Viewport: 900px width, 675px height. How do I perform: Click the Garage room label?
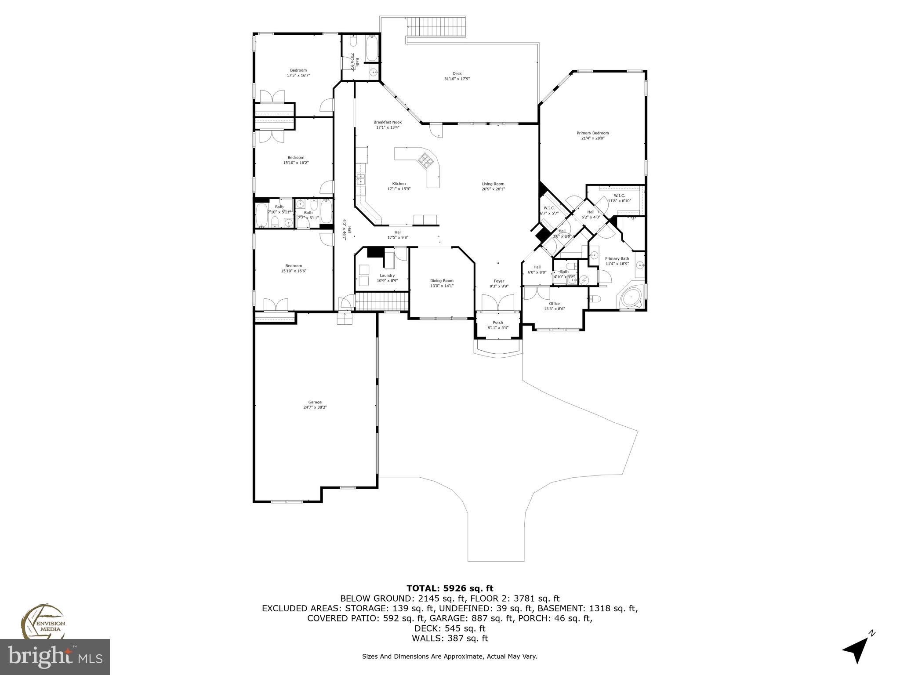pyautogui.click(x=315, y=404)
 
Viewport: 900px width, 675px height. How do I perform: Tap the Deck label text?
pyautogui.click(x=457, y=76)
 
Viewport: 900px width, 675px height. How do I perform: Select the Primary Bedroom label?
pyautogui.click(x=593, y=135)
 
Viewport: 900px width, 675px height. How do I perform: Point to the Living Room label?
pyautogui.click(x=493, y=186)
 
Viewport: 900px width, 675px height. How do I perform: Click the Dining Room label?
pyautogui.click(x=442, y=283)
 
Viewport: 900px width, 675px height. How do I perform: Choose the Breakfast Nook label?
pyautogui.click(x=387, y=125)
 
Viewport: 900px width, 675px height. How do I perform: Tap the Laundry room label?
pyautogui.click(x=387, y=278)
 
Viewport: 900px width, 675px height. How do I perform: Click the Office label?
pyautogui.click(x=554, y=306)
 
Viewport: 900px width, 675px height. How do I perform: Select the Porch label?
pyautogui.click(x=498, y=325)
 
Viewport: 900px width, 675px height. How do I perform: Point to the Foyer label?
pyautogui.click(x=499, y=283)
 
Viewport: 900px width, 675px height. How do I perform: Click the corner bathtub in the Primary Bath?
pyautogui.click(x=632, y=298)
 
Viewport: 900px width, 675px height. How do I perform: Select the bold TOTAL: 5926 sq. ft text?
pyautogui.click(x=450, y=588)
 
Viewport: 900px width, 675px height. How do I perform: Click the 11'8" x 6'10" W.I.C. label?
pyautogui.click(x=619, y=198)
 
